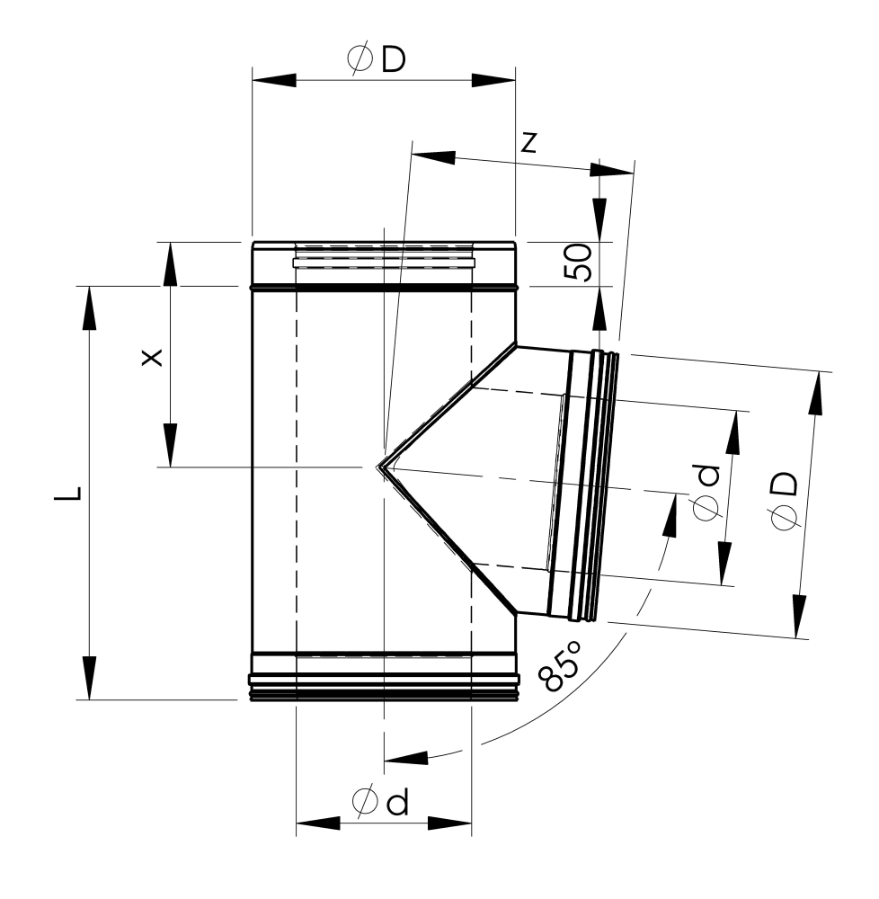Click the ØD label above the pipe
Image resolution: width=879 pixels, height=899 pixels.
(x=377, y=59)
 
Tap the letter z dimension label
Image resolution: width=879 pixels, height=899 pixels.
(x=528, y=143)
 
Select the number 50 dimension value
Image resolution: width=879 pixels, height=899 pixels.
(x=578, y=263)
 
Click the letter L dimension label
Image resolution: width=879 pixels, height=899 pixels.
(x=67, y=494)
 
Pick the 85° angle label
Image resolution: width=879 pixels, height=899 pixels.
(x=560, y=666)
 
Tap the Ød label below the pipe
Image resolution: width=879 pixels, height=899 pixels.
(x=380, y=801)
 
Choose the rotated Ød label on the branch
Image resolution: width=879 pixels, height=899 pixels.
(x=706, y=493)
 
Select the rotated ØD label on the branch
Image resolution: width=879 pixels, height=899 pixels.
(x=784, y=501)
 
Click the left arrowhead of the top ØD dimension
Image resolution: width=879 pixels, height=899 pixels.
(x=274, y=80)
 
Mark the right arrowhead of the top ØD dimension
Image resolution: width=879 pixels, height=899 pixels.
(x=493, y=80)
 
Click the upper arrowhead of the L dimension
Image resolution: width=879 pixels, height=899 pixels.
(x=89, y=307)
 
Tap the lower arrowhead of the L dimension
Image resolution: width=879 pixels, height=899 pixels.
(x=89, y=678)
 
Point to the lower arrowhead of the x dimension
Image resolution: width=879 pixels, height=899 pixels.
(x=170, y=446)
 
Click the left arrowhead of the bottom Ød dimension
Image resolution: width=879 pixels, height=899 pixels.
(x=318, y=823)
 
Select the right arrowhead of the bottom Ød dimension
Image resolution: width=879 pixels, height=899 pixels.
(x=449, y=823)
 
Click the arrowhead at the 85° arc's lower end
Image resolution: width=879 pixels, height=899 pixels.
(x=406, y=758)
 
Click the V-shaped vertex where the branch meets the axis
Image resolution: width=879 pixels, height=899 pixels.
(x=379, y=467)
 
